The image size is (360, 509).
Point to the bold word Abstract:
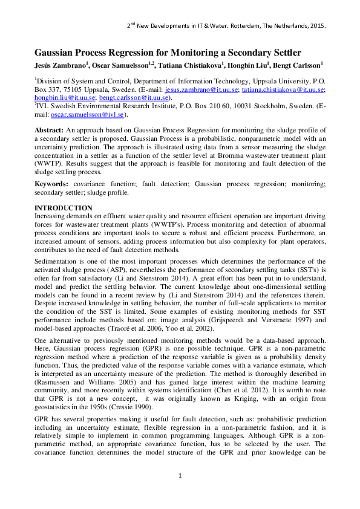pyautogui.click(x=51, y=131)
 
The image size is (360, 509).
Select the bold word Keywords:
pyautogui.click(x=53, y=183)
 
